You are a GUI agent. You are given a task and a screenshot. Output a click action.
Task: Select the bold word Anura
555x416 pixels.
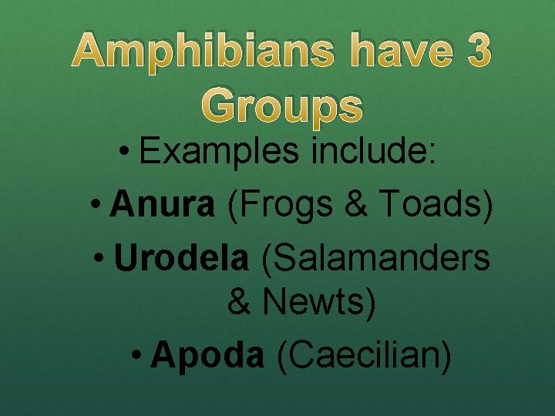163,205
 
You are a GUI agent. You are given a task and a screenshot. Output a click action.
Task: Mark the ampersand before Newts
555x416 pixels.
240,302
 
